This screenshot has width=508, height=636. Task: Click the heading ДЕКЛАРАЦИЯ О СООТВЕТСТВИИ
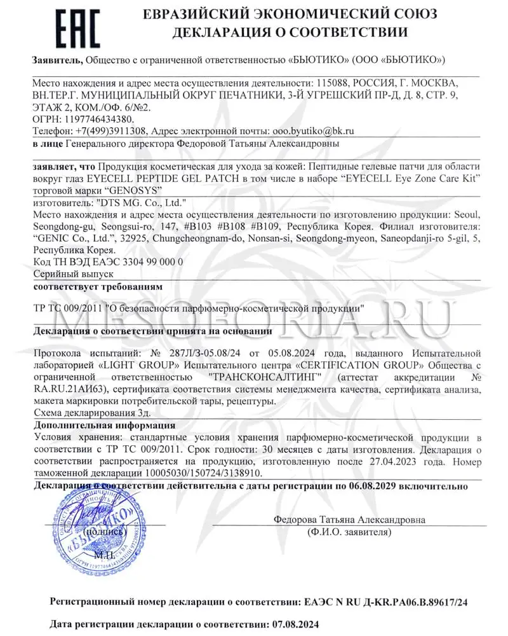coord(289,32)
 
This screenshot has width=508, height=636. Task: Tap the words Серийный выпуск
coord(72,273)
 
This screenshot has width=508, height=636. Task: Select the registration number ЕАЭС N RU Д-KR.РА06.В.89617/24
coord(387,600)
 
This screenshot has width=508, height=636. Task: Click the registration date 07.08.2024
coord(293,624)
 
